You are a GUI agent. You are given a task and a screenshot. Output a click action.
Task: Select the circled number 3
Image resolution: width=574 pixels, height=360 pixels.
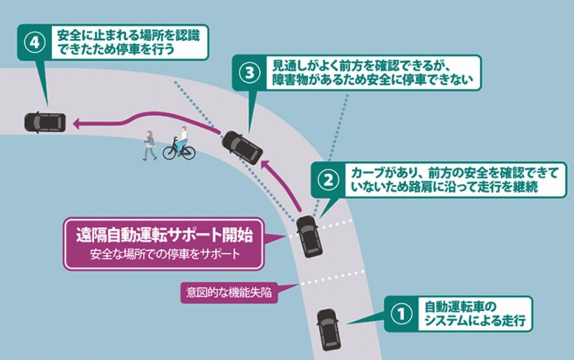[249, 73]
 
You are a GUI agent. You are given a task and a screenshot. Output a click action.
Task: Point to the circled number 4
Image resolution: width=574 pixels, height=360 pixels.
[35, 43]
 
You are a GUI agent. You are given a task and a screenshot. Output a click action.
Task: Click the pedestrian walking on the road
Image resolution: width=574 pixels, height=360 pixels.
[149, 145]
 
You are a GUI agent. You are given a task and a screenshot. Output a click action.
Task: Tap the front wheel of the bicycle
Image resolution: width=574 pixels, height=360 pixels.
[170, 153]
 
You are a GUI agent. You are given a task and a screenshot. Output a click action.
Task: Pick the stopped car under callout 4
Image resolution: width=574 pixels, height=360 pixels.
[45, 123]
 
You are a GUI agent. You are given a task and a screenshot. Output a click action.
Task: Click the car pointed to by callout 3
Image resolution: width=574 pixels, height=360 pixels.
[242, 146]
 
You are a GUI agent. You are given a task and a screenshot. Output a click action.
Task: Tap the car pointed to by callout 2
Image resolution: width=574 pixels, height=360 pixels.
[309, 236]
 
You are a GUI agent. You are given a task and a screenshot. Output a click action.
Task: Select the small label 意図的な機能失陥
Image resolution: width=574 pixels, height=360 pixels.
[225, 292]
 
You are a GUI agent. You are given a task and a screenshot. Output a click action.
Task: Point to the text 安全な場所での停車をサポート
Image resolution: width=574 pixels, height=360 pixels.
[164, 254]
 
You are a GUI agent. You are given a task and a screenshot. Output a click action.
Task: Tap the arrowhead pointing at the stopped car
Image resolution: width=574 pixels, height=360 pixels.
[77, 124]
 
